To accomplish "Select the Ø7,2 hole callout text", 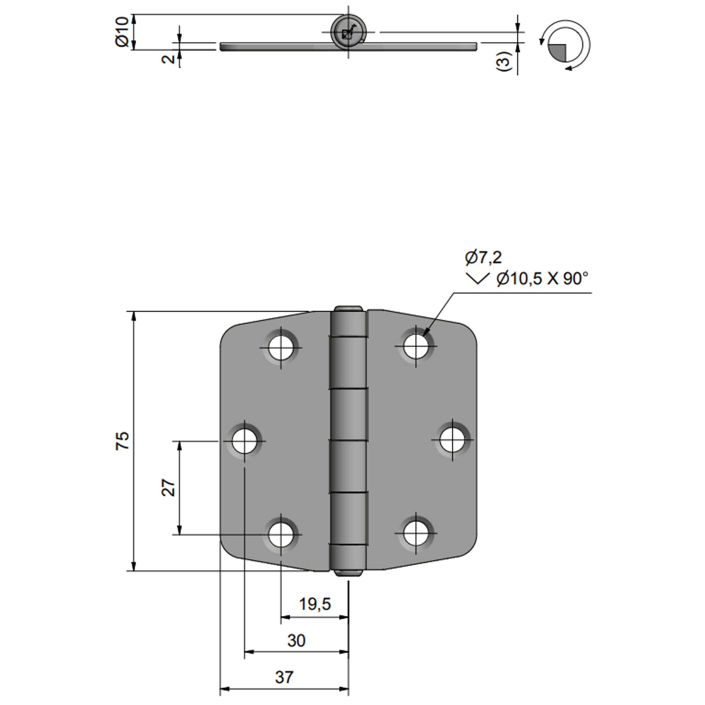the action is pos(483,258).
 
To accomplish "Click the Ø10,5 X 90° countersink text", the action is pos(542,279).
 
